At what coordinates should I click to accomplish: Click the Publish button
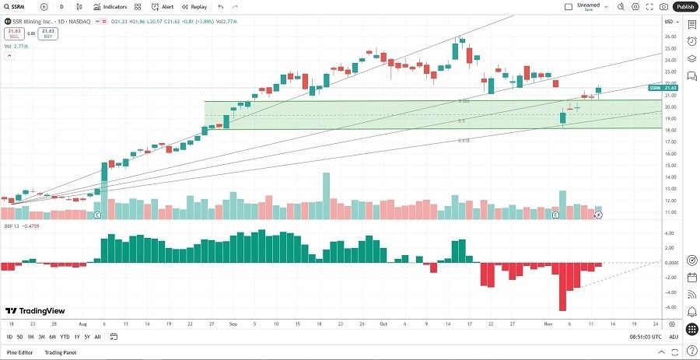coord(684,6)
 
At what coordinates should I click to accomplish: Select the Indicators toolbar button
coord(110,6)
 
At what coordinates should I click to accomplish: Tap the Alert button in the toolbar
coord(163,6)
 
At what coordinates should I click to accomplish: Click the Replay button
coord(194,6)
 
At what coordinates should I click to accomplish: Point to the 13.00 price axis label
coord(668,189)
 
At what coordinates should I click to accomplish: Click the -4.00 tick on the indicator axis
coord(668,292)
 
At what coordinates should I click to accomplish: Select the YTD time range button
coord(65,337)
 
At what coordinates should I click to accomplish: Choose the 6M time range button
coord(52,337)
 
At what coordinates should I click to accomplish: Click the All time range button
coord(97,337)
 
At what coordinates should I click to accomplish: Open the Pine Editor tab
coord(19,352)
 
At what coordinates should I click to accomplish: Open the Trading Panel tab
coord(61,352)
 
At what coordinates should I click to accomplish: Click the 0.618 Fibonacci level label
coord(464,141)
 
